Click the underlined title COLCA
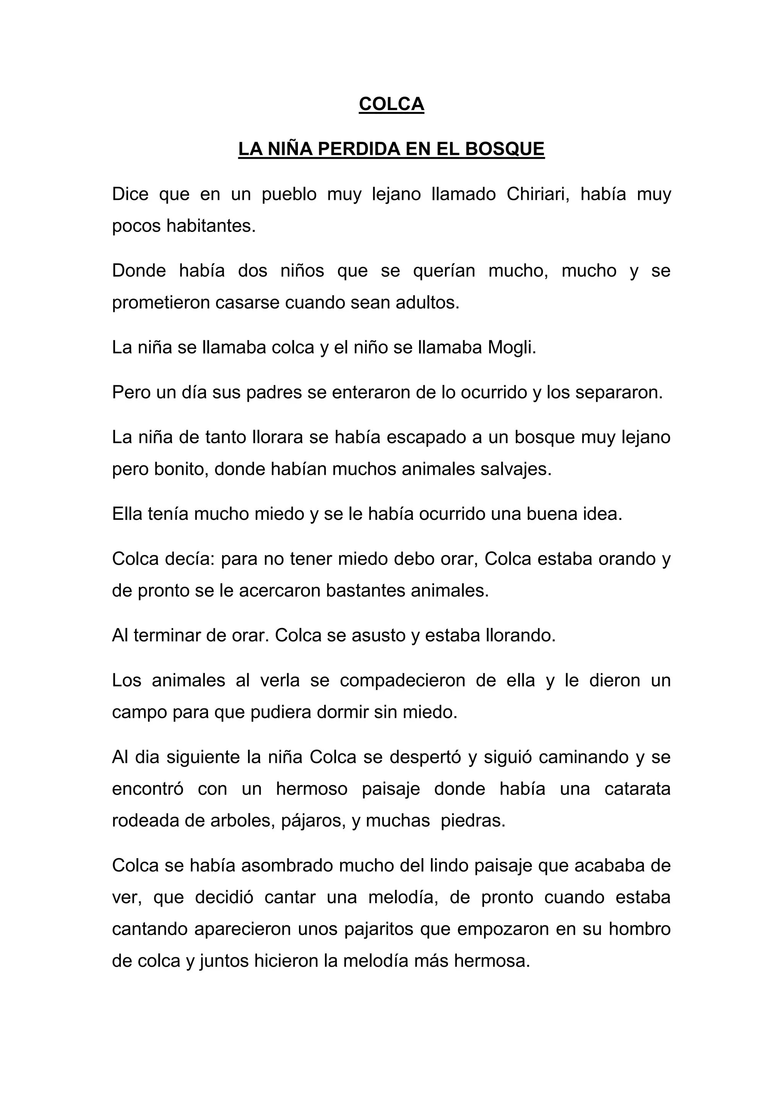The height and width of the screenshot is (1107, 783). (391, 104)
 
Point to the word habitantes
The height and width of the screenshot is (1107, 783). (211, 226)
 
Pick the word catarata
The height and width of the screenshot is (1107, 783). (637, 789)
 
